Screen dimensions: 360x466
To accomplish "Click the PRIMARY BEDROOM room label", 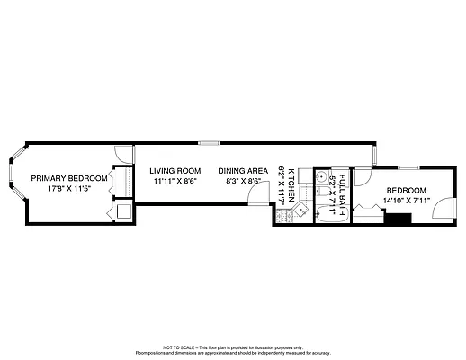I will point(69,178).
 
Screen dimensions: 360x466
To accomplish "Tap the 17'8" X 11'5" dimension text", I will point(69,189).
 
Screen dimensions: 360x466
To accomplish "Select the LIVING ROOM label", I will point(175,170).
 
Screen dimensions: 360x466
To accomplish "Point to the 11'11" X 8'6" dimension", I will point(175,181).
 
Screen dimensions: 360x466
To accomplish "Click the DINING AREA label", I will point(243,170).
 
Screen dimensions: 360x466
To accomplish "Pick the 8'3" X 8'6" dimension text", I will point(243,181).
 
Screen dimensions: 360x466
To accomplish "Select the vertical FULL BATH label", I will point(342,186).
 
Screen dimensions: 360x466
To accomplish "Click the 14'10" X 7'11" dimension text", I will point(408,200).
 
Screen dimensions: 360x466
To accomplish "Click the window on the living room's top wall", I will point(208,141).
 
